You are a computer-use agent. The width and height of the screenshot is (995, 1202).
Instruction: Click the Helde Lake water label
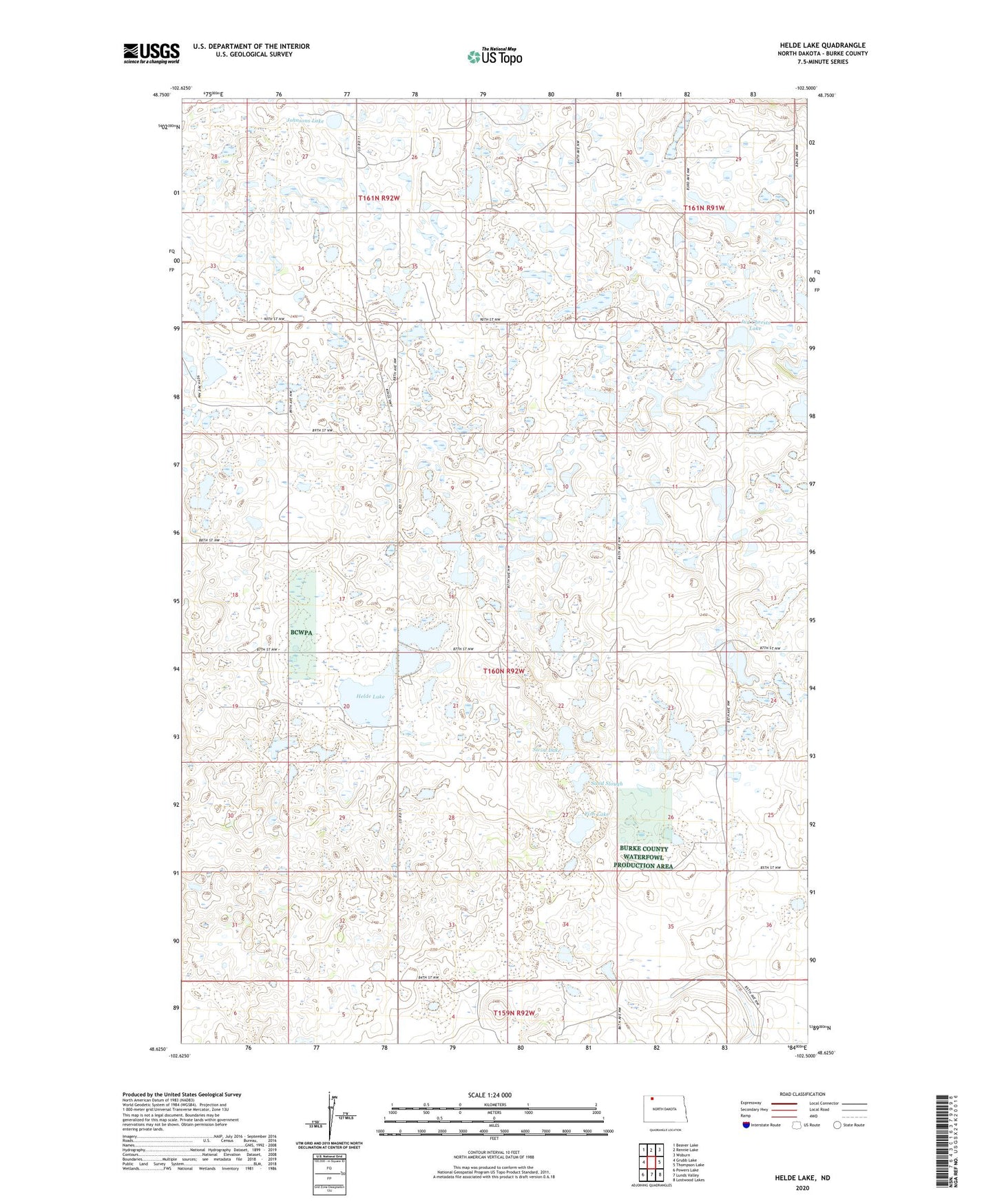[x=370, y=697]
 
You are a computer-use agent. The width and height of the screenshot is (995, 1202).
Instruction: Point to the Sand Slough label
[x=607, y=783]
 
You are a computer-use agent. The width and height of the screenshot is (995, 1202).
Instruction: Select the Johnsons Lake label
[x=305, y=120]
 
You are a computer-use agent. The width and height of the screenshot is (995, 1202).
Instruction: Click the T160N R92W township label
[x=504, y=671]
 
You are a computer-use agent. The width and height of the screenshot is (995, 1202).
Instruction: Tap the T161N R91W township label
[x=704, y=207]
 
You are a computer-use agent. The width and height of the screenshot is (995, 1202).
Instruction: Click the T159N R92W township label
[x=514, y=1013]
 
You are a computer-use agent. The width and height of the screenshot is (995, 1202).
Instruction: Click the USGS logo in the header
[x=151, y=53]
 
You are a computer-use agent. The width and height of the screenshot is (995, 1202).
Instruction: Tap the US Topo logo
[x=494, y=56]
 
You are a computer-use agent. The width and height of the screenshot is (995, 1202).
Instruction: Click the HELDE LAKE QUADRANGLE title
[x=822, y=45]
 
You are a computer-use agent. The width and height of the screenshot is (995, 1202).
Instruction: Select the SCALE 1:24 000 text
[x=490, y=1095]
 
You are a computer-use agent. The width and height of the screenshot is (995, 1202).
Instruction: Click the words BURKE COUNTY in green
[x=643, y=849]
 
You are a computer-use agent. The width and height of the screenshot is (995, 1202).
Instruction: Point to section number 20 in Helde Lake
[x=346, y=707]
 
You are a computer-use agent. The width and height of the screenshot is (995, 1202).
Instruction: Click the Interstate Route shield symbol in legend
[x=747, y=1125]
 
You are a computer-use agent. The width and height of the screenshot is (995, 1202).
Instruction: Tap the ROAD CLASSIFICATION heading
[x=802, y=1094]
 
